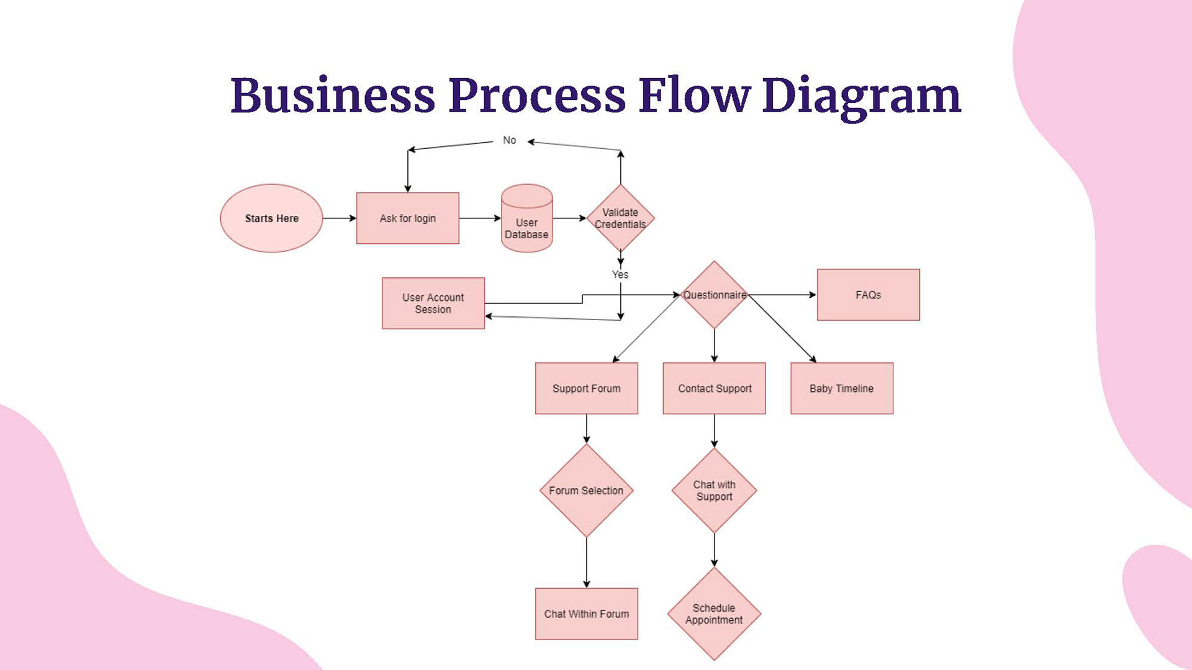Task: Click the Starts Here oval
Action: [x=271, y=218]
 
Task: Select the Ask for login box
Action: [x=408, y=218]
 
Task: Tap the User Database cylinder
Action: [x=527, y=218]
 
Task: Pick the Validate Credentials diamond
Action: [x=620, y=218]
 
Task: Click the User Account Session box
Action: [x=433, y=303]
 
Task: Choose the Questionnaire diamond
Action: [x=715, y=295]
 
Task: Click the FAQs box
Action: [x=869, y=295]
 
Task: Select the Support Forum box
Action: [x=587, y=388]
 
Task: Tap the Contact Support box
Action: [x=715, y=388]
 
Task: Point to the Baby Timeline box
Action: [x=842, y=388]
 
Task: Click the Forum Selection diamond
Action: [x=587, y=490]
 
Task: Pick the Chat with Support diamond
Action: [x=715, y=490]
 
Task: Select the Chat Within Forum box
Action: [x=587, y=614]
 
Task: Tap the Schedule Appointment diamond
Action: [x=715, y=614]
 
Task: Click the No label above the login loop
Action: [x=510, y=140]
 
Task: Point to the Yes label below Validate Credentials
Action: [x=620, y=274]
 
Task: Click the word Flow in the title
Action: [x=695, y=96]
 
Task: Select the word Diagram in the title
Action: [x=862, y=98]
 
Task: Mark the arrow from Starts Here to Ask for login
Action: [x=340, y=218]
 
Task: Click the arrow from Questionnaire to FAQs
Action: [x=783, y=295]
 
